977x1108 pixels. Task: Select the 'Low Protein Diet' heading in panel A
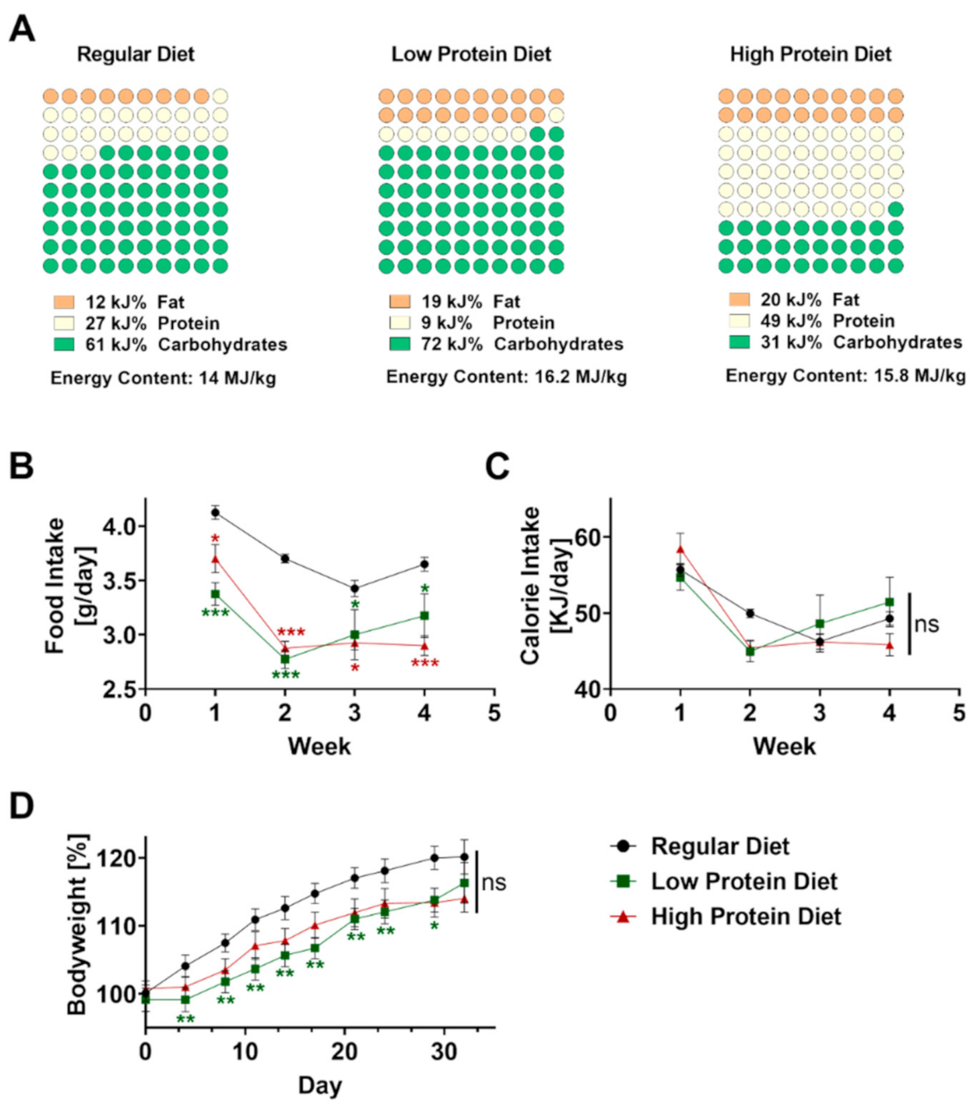[x=471, y=54]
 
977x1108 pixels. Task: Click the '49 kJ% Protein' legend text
[x=827, y=320]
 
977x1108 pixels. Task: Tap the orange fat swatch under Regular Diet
[x=64, y=302]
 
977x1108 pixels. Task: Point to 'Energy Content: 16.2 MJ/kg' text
[x=506, y=377]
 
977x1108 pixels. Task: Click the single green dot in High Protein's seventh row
[x=895, y=209]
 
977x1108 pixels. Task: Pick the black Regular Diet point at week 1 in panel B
[x=215, y=513]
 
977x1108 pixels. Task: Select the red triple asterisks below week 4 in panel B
[x=424, y=664]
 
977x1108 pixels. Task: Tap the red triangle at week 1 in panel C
[x=680, y=549]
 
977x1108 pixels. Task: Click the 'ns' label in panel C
[x=927, y=625]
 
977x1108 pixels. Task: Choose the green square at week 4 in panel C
[x=889, y=602]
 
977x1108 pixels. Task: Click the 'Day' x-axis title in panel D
[x=320, y=1085]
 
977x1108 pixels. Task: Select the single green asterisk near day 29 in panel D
[x=435, y=926]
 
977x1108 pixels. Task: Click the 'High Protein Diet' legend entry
[x=745, y=916]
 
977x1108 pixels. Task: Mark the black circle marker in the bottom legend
[x=624, y=846]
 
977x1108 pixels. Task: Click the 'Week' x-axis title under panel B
[x=319, y=746]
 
